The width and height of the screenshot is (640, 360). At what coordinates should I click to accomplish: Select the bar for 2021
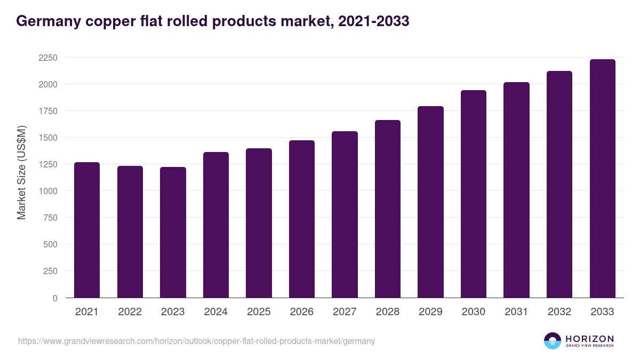(87, 230)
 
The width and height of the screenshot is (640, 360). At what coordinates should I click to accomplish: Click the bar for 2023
(173, 233)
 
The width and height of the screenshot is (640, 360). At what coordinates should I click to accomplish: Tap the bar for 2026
(302, 219)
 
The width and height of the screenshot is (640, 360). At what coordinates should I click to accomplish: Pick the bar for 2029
(430, 202)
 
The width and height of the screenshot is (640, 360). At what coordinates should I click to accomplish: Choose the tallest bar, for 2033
(602, 179)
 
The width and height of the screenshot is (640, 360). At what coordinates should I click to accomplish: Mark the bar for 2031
(516, 190)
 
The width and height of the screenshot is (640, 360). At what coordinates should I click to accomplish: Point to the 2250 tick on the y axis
(47, 58)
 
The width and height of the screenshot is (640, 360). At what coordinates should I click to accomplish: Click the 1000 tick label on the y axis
(47, 191)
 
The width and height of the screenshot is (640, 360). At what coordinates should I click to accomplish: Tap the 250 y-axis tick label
(50, 271)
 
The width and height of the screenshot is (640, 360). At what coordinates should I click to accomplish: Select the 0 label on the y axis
(55, 298)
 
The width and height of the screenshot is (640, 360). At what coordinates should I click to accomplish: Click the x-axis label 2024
(215, 312)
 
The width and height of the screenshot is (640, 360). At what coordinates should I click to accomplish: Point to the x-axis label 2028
(387, 312)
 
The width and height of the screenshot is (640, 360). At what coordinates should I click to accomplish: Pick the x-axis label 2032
(559, 312)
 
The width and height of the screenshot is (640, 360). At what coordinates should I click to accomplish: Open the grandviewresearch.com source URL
(196, 341)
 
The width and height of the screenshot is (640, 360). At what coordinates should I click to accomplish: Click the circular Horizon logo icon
(553, 341)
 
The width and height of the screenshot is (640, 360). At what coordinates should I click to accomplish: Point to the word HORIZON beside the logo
(589, 339)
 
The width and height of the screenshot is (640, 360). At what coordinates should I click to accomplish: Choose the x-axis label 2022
(130, 312)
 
